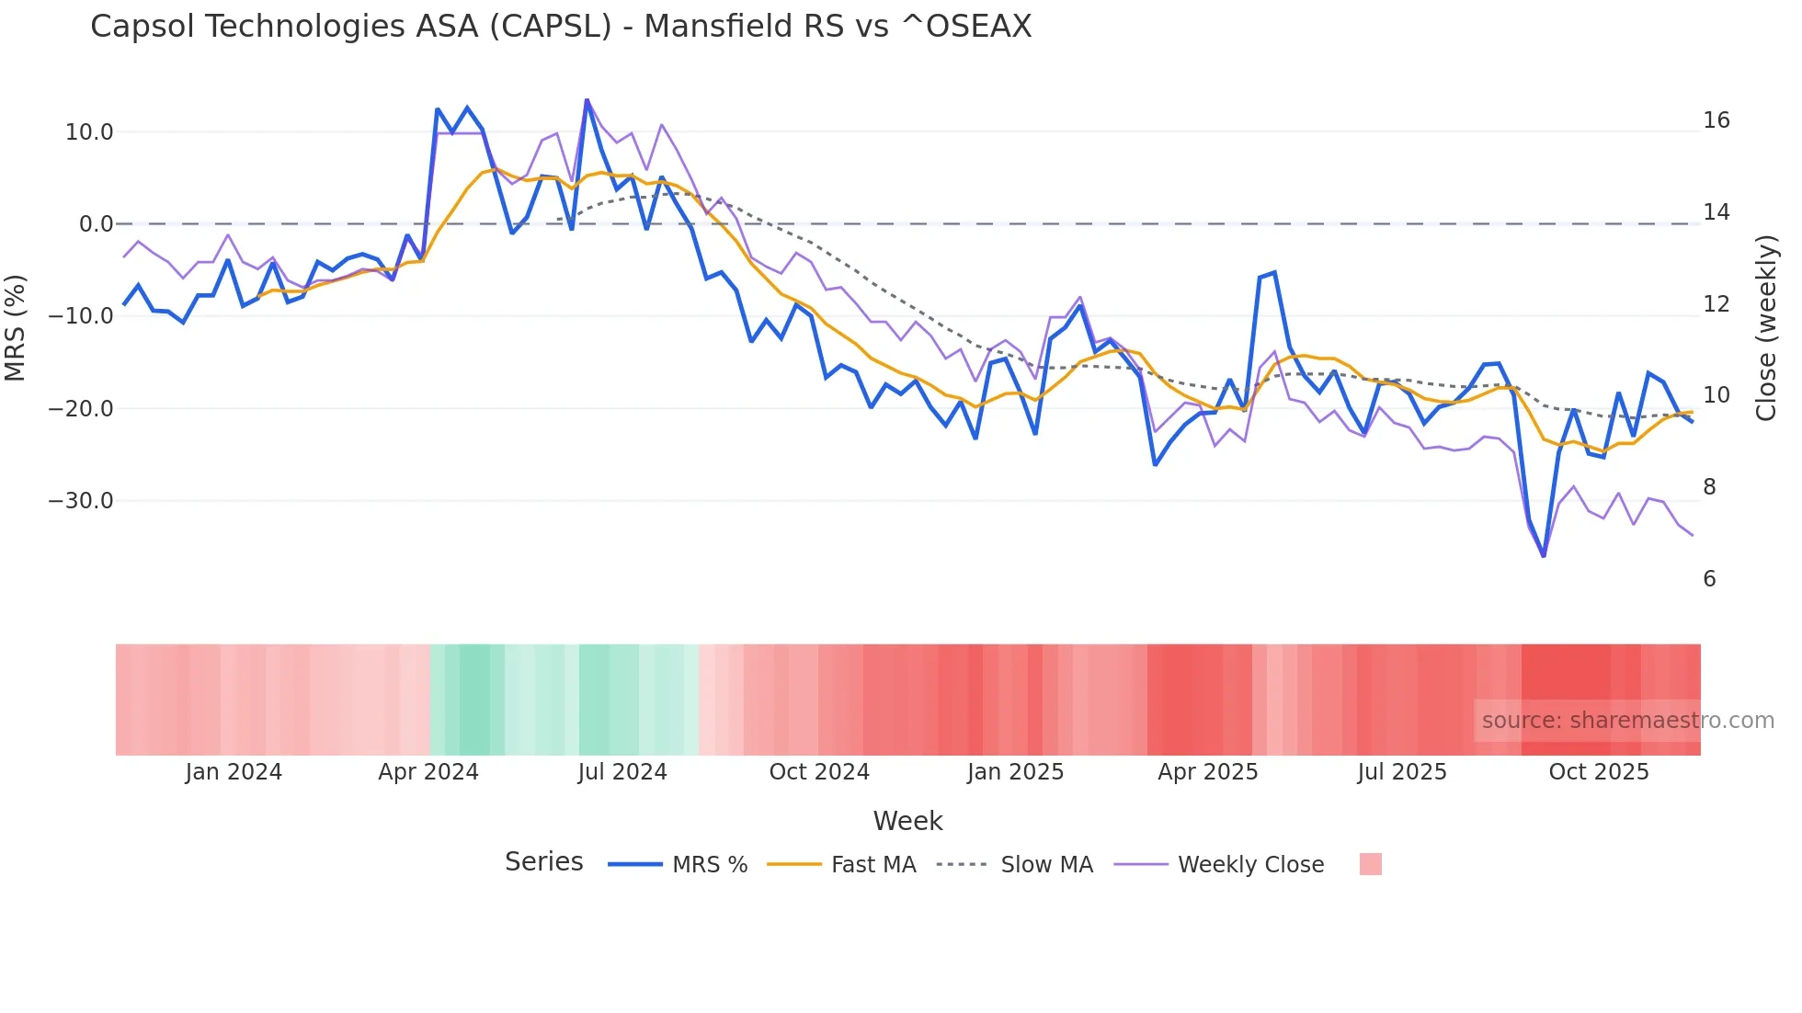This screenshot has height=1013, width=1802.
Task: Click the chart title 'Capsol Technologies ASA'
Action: tap(561, 27)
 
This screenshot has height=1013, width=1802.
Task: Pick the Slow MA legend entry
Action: tap(1015, 865)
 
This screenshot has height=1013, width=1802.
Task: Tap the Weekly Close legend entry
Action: tap(1219, 865)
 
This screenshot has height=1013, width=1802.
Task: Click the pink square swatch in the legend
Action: tap(1370, 864)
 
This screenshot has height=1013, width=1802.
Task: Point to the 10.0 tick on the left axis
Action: tap(89, 132)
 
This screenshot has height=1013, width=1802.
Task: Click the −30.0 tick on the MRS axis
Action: tap(81, 501)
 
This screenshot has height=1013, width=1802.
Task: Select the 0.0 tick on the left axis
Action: tap(96, 224)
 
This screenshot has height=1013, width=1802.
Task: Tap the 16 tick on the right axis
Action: tap(1716, 120)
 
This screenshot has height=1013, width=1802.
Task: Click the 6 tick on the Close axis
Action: tap(1709, 579)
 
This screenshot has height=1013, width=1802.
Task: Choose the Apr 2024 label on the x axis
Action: tap(428, 772)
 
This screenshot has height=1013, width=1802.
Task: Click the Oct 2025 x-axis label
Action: tap(1599, 772)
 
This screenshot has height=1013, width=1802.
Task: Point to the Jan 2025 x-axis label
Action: tap(1015, 772)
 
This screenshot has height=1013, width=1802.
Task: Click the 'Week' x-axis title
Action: tap(907, 821)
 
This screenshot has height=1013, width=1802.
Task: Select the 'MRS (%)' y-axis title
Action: tap(16, 327)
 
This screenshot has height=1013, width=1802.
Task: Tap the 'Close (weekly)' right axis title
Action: tap(1766, 328)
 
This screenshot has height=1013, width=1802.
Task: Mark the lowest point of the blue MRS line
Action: tap(1544, 555)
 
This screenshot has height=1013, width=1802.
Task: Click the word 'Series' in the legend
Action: tap(543, 862)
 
